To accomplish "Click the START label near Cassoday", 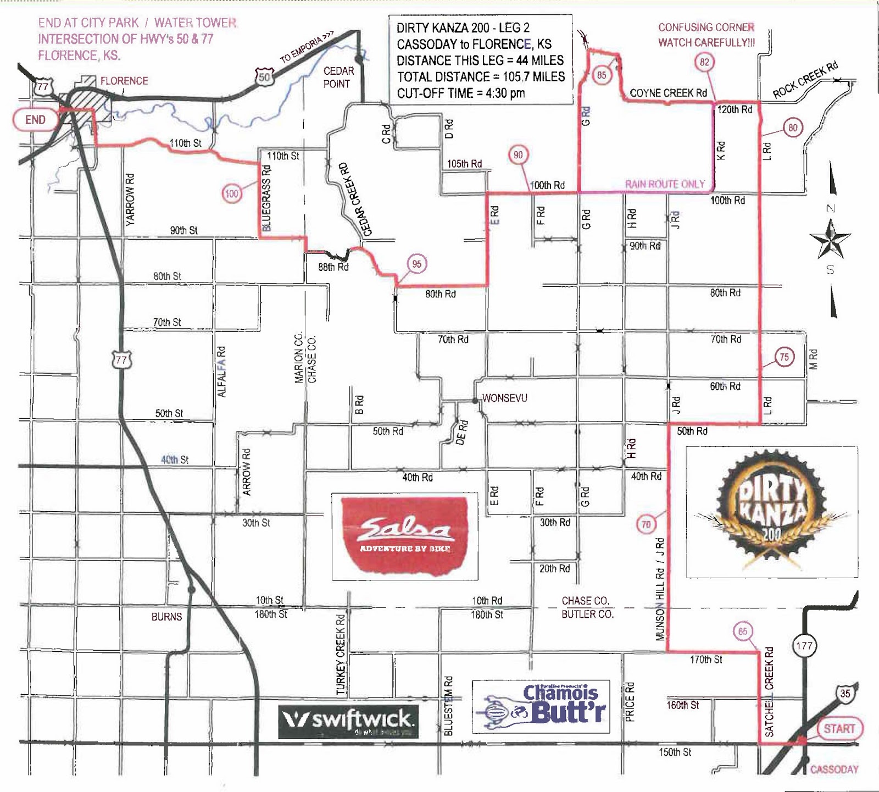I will (x=839, y=729).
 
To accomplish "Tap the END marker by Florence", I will (x=35, y=120).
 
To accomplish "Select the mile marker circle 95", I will (x=417, y=264).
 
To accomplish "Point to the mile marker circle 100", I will (x=232, y=193).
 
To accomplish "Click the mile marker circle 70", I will (x=646, y=524).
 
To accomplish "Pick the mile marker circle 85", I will (x=602, y=75).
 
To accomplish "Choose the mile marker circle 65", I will (x=743, y=632).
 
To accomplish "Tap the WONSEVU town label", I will (x=504, y=398).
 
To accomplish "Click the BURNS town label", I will (x=166, y=617).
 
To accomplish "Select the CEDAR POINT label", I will (x=338, y=77).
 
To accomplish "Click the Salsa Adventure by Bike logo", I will (x=404, y=536).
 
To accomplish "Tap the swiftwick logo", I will (x=348, y=721).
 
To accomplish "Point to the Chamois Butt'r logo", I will (x=541, y=707).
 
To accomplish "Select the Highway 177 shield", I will (x=804, y=645).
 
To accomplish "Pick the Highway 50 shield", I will (x=264, y=77).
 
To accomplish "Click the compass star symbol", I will (x=830, y=239).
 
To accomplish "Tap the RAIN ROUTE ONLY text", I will (x=665, y=184).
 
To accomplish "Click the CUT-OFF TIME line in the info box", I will (x=460, y=93).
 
